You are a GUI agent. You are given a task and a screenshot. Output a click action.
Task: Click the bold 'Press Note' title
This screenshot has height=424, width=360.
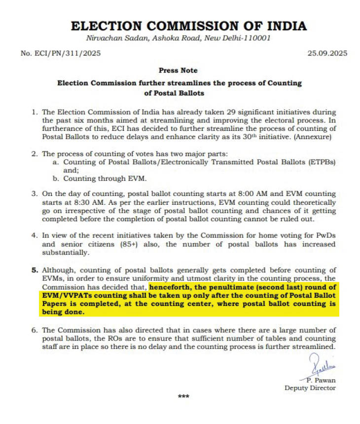coord(179,71)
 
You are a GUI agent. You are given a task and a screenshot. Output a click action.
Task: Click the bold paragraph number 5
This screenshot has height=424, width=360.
coord(35,270)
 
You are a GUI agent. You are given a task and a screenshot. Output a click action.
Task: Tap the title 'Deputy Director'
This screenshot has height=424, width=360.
coord(310,388)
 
